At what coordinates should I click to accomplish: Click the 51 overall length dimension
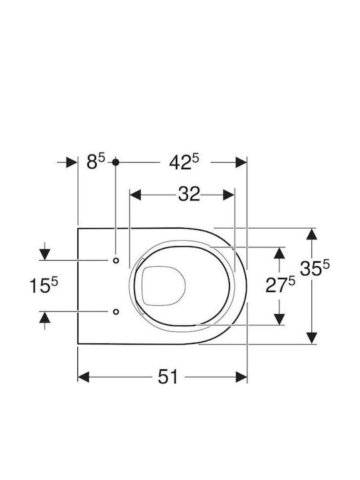(x=167, y=377)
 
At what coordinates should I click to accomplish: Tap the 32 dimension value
(x=189, y=194)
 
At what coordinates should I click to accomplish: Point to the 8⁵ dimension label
(x=95, y=161)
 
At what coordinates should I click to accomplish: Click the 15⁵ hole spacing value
(x=43, y=285)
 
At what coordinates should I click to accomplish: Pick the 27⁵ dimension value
(x=280, y=285)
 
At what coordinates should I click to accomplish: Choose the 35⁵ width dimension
(x=315, y=268)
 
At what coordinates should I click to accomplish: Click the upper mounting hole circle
(x=116, y=260)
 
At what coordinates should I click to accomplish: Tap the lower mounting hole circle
(x=116, y=311)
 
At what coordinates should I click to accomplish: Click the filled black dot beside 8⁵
(x=115, y=162)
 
